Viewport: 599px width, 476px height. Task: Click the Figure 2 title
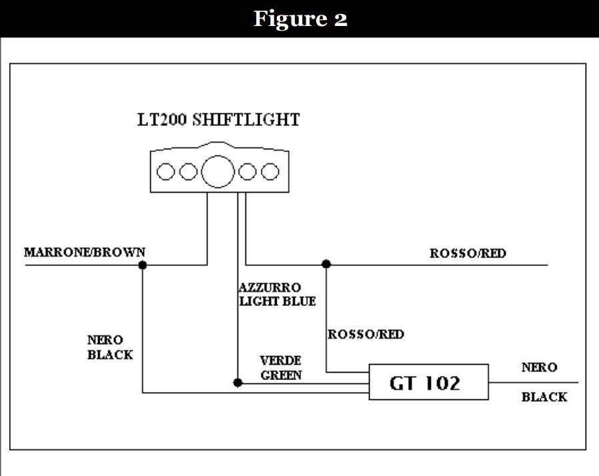click(299, 19)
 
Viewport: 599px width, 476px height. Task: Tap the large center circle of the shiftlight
click(218, 171)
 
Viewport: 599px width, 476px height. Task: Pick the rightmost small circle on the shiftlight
click(269, 172)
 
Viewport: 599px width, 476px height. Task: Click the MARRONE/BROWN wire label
click(85, 253)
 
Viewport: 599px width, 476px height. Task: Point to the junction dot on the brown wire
click(142, 265)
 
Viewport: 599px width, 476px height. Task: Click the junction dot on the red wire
click(326, 265)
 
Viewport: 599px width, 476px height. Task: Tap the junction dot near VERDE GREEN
click(237, 383)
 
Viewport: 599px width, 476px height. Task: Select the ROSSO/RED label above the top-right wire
click(468, 253)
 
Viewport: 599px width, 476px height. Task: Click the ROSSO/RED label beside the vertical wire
click(366, 334)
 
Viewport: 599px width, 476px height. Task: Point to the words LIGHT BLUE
click(277, 301)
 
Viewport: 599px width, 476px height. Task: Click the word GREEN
click(281, 375)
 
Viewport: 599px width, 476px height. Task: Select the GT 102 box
click(429, 382)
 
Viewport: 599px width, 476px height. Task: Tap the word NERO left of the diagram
click(105, 341)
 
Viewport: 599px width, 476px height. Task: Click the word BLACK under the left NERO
click(110, 355)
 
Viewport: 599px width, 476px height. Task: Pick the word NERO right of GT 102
click(539, 367)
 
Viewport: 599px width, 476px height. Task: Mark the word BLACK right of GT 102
click(544, 397)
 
